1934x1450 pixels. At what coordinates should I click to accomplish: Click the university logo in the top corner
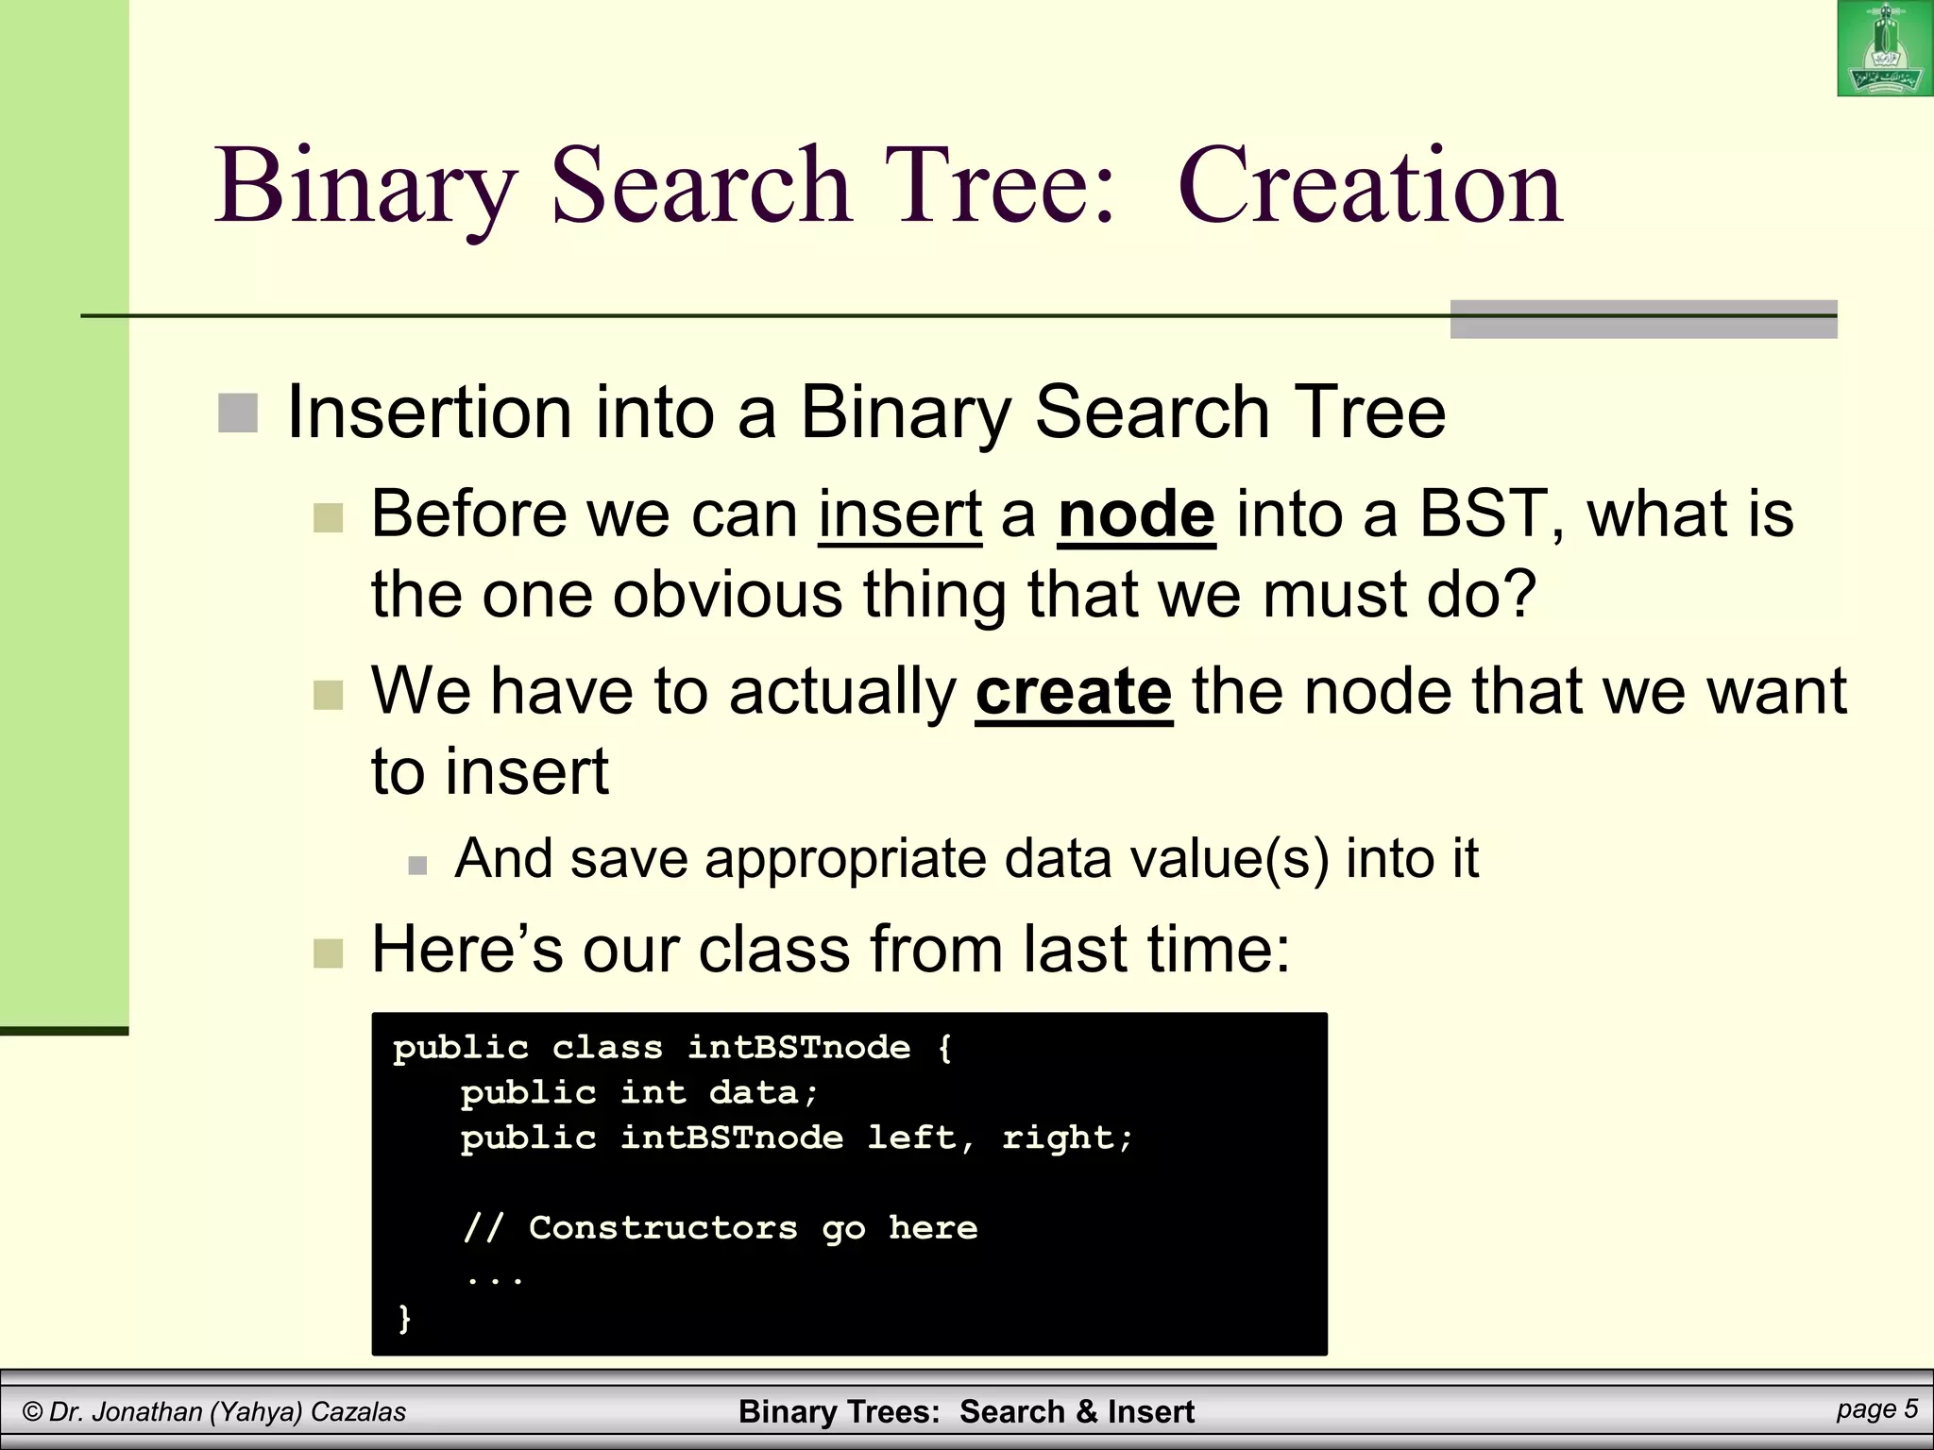1884,48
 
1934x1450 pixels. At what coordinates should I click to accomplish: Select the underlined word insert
900,514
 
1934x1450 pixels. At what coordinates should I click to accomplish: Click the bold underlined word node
1136,514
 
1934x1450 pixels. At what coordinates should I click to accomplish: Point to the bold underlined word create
1074,691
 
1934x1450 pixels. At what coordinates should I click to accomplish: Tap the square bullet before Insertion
238,413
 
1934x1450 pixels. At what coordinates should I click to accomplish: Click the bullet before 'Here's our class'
328,953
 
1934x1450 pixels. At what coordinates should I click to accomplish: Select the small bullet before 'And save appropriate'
417,865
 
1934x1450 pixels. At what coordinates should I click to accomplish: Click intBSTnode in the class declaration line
799,1048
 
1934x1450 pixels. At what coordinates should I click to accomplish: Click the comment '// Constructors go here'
721,1228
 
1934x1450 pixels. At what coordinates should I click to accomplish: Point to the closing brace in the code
404,1318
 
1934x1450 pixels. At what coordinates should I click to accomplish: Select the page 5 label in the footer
1876,1409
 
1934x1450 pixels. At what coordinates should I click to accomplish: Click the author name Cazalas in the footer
358,1412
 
